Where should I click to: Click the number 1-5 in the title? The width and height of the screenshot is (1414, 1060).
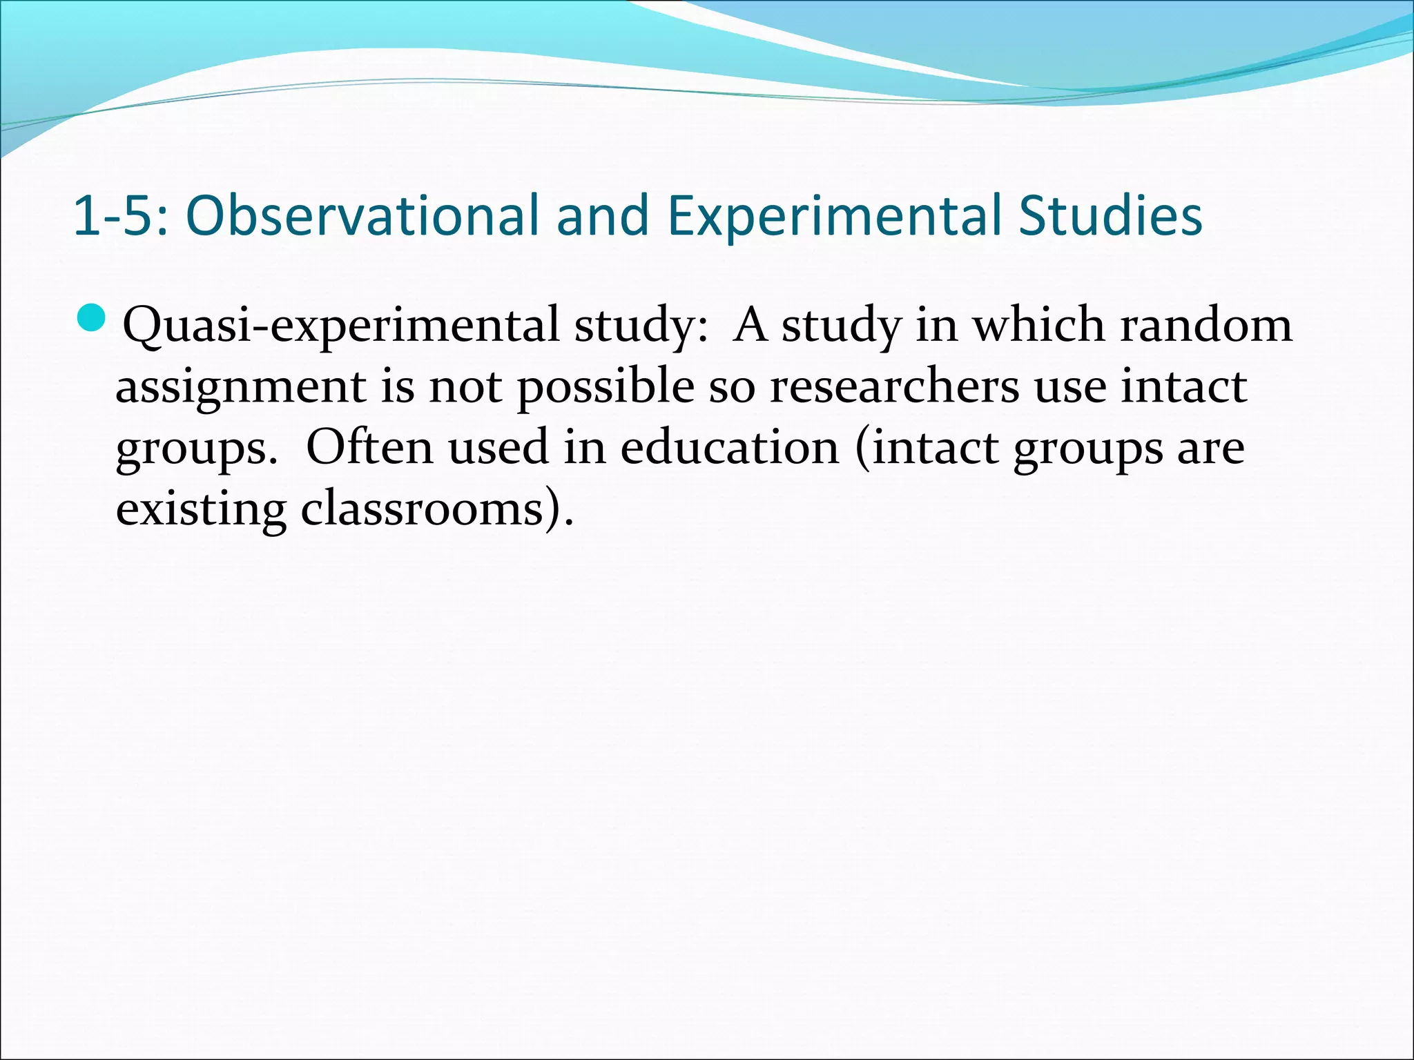click(x=114, y=216)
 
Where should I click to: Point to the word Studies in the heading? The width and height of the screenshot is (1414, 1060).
click(x=1110, y=216)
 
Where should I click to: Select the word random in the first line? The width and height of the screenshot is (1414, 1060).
click(x=1205, y=324)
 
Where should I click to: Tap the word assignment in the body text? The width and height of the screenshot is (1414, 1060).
click(x=240, y=387)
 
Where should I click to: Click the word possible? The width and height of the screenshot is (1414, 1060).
click(x=606, y=387)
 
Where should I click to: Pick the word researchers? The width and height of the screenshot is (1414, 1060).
click(x=894, y=386)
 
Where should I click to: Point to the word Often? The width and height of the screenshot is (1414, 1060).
click(x=369, y=447)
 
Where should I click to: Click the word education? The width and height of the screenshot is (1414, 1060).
click(x=729, y=447)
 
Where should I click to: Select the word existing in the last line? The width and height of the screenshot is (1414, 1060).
click(x=200, y=510)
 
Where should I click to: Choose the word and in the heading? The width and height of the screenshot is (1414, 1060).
click(x=602, y=216)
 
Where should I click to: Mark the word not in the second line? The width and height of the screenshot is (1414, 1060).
click(x=465, y=387)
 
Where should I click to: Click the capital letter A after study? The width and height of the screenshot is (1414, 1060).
click(x=751, y=324)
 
